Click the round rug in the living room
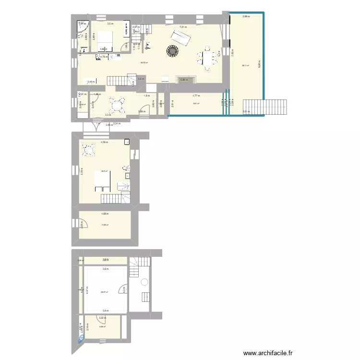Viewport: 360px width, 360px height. (x=172, y=50)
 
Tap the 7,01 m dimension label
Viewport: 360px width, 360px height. (x=183, y=27)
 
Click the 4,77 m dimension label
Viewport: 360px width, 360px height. (x=196, y=96)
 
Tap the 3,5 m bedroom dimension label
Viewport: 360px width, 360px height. (x=110, y=24)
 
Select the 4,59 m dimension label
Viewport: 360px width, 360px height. (x=104, y=142)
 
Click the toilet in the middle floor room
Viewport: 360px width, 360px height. (x=126, y=168)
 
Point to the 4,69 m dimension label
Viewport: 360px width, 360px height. (x=104, y=214)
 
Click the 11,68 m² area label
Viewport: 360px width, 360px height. (x=104, y=225)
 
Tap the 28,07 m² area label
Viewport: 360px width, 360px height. (x=104, y=292)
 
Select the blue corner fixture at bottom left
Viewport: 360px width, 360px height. (x=80, y=339)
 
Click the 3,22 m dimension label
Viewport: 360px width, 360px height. (x=102, y=318)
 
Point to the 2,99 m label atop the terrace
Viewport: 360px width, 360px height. (x=246, y=17)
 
